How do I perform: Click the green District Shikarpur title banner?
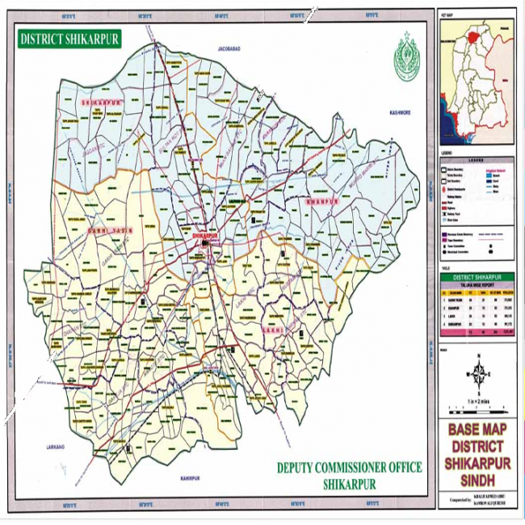pyautogui.click(x=68, y=38)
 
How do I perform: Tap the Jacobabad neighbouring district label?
pyautogui.click(x=231, y=50)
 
